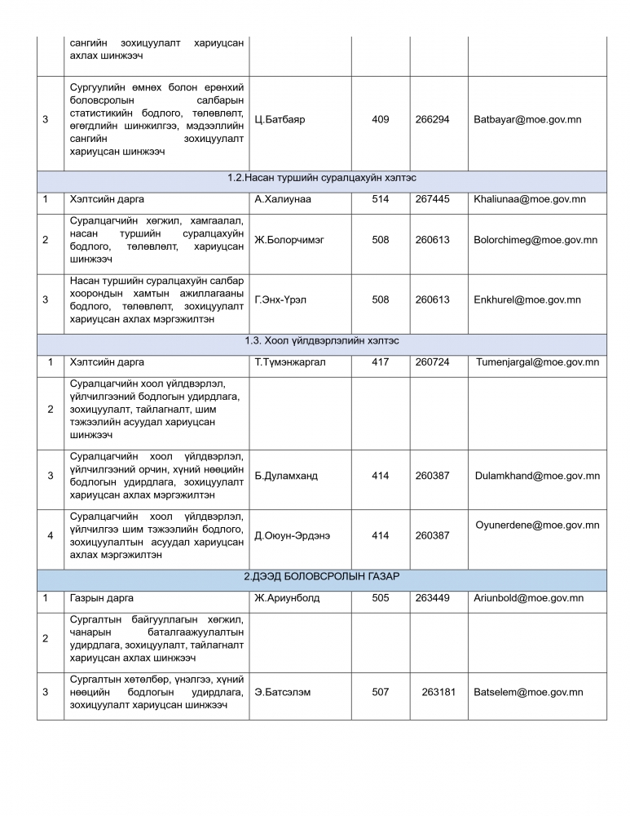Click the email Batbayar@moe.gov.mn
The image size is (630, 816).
point(527,119)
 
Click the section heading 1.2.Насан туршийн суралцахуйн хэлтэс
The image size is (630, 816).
point(322,178)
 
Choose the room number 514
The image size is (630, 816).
point(380,199)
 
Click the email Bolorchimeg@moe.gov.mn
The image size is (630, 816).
point(535,240)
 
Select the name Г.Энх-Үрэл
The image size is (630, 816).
point(280,299)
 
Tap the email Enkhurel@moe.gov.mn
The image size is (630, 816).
point(527,299)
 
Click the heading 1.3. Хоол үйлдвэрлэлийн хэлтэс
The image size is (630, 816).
point(322,340)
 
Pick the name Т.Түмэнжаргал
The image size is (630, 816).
point(289,362)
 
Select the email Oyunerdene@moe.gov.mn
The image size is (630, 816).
point(537,525)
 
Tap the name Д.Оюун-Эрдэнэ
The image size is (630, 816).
point(293,535)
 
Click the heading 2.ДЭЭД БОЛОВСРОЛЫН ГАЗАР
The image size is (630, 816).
point(322,577)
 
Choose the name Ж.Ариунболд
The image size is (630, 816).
point(287,598)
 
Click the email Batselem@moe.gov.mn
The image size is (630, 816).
point(528,692)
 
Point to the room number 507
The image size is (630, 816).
point(380,692)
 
